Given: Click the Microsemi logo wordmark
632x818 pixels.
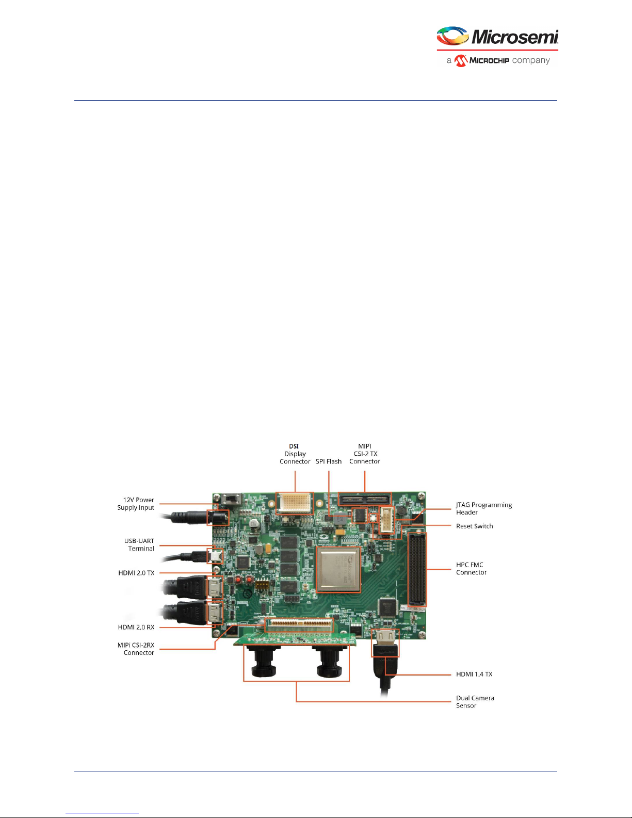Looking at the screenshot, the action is pyautogui.click(x=514, y=37).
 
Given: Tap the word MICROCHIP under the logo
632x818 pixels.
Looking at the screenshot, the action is pyautogui.click(x=489, y=60).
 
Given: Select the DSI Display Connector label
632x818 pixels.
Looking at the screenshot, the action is pyautogui.click(x=295, y=454).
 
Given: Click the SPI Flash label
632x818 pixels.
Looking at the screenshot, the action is pyautogui.click(x=329, y=461).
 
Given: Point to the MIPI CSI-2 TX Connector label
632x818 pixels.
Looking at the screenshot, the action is pyautogui.click(x=364, y=454).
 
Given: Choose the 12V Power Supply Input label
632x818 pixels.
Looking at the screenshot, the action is pyautogui.click(x=136, y=504).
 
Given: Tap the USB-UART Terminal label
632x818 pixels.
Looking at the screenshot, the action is pyautogui.click(x=139, y=544).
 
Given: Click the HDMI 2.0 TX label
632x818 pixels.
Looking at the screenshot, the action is pyautogui.click(x=136, y=573).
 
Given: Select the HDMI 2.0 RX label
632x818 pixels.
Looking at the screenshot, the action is pyautogui.click(x=136, y=627).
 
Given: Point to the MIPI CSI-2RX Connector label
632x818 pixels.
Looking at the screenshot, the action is pyautogui.click(x=136, y=649).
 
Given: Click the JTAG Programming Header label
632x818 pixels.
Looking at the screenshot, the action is pyautogui.click(x=483, y=508).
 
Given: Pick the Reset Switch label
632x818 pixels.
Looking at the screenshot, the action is pyautogui.click(x=474, y=526).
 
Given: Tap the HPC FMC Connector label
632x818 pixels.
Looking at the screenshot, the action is pyautogui.click(x=471, y=568).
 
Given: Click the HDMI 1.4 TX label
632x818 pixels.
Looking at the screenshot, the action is pyautogui.click(x=474, y=674).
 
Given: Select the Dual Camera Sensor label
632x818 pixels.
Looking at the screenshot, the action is pyautogui.click(x=475, y=701).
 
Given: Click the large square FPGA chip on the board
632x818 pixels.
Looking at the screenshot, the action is pyautogui.click(x=338, y=569).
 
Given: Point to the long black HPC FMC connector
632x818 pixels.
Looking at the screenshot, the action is pyautogui.click(x=417, y=570).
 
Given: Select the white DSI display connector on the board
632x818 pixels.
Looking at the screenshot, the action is pyautogui.click(x=295, y=503).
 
